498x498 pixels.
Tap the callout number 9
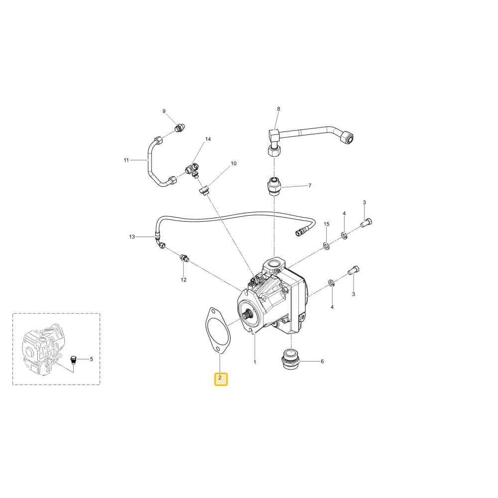[x=164, y=111]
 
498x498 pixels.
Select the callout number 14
[x=208, y=139]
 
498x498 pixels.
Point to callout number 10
[x=234, y=163]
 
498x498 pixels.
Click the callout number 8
[x=278, y=109]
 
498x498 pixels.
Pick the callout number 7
[x=310, y=185]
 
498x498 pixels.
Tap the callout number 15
[x=327, y=224]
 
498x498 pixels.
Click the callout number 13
[x=132, y=237]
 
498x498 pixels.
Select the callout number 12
[x=184, y=280]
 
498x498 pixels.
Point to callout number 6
[x=322, y=362]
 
